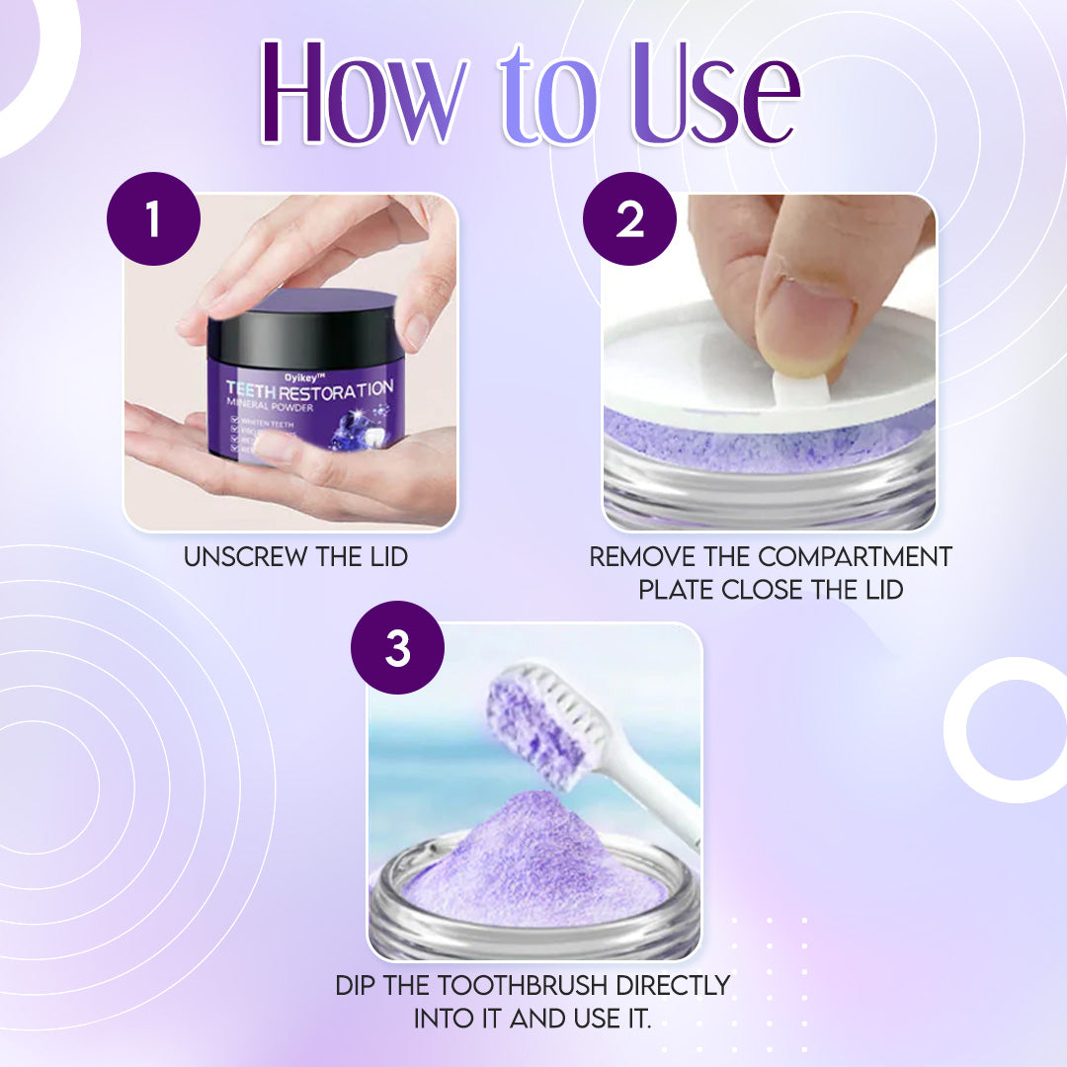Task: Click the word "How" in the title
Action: click(x=366, y=94)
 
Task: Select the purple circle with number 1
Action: click(x=153, y=219)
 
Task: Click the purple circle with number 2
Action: click(x=629, y=219)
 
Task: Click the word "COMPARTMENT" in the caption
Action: click(x=855, y=557)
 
